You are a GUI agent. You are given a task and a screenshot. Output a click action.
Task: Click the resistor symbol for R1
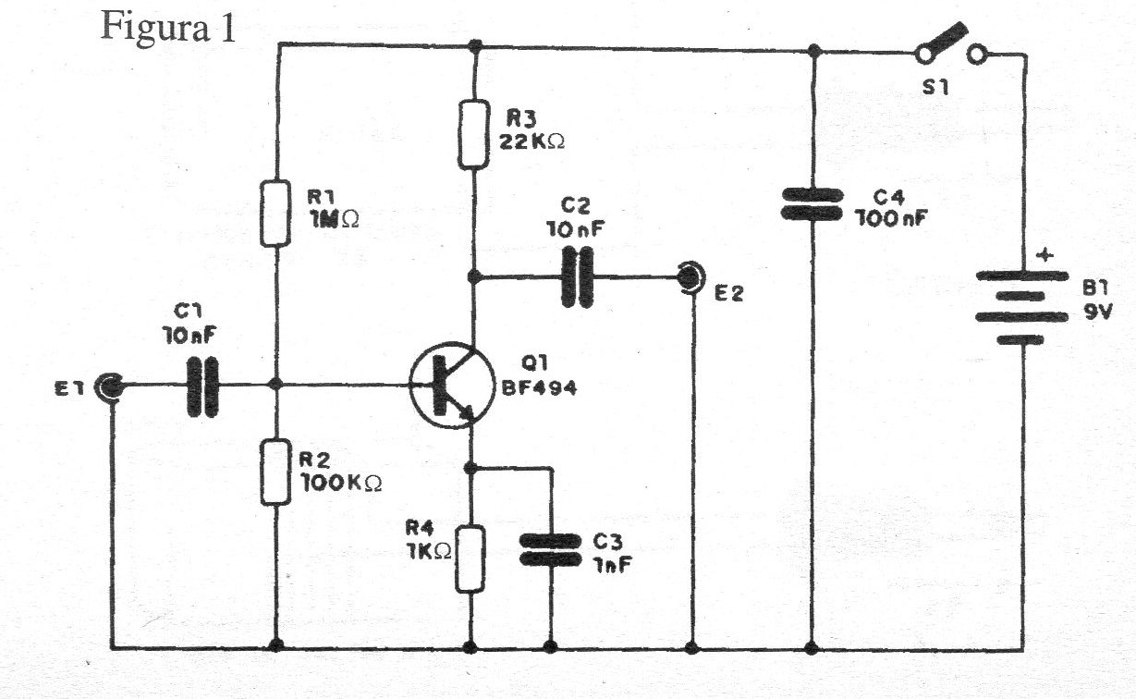pyautogui.click(x=275, y=213)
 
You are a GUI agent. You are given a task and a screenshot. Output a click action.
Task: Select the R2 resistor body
pyautogui.click(x=275, y=472)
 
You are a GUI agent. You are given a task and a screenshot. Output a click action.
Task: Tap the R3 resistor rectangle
pyautogui.click(x=473, y=134)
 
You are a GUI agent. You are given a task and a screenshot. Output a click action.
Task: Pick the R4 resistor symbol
pyautogui.click(x=470, y=559)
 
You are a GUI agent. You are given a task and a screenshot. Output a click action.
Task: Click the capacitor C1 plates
pyautogui.click(x=202, y=387)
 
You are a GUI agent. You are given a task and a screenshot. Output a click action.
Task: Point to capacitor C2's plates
pyautogui.click(x=577, y=277)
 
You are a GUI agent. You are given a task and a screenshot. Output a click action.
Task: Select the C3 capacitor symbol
pyautogui.click(x=550, y=549)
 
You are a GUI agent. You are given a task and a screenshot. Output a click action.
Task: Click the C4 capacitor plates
pyautogui.click(x=812, y=204)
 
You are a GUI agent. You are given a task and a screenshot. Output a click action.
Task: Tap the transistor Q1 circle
pyautogui.click(x=451, y=385)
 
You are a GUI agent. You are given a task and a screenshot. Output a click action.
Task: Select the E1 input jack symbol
pyautogui.click(x=110, y=387)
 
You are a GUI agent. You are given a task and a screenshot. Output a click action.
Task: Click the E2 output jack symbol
pyautogui.click(x=691, y=277)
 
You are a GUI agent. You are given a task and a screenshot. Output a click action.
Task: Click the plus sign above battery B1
pyautogui.click(x=1044, y=254)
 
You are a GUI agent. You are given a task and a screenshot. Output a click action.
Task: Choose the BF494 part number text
pyautogui.click(x=539, y=388)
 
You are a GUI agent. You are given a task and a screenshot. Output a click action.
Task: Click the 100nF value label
pyautogui.click(x=891, y=218)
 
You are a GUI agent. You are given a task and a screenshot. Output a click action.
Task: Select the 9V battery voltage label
pyautogui.click(x=1098, y=312)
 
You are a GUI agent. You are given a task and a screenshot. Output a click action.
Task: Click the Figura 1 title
pyautogui.click(x=168, y=27)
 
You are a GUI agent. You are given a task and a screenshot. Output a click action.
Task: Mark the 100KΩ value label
pyautogui.click(x=341, y=483)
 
